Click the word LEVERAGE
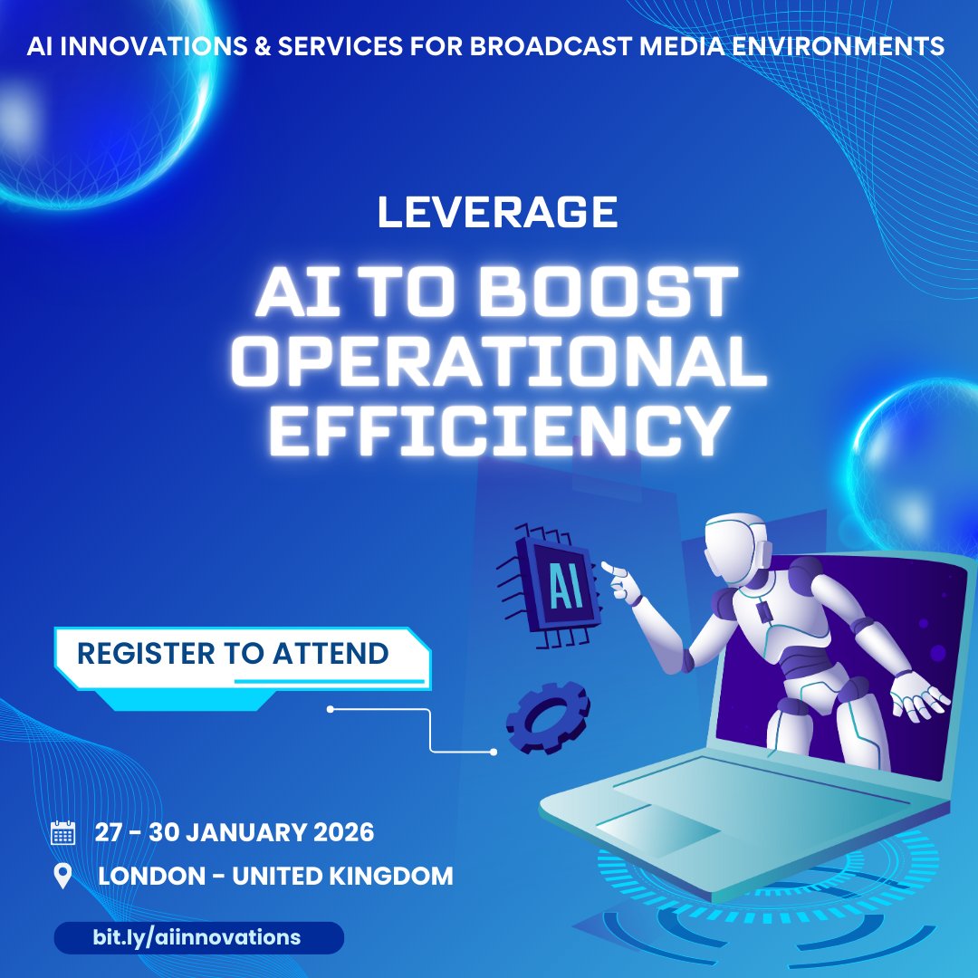pyautogui.click(x=497, y=213)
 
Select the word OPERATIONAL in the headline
pyautogui.click(x=497, y=362)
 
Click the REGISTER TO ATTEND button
pyautogui.click(x=234, y=653)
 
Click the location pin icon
pyautogui.click(x=62, y=877)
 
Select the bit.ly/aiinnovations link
pyautogui.click(x=197, y=937)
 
